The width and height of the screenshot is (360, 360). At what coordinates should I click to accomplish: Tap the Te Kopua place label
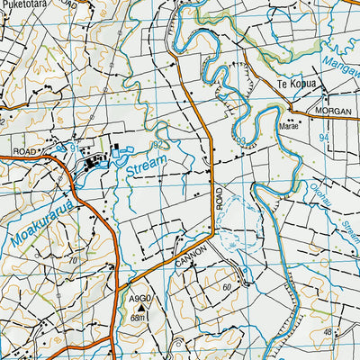click(290, 86)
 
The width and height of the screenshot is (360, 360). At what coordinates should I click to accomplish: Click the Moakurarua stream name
click(42, 220)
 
